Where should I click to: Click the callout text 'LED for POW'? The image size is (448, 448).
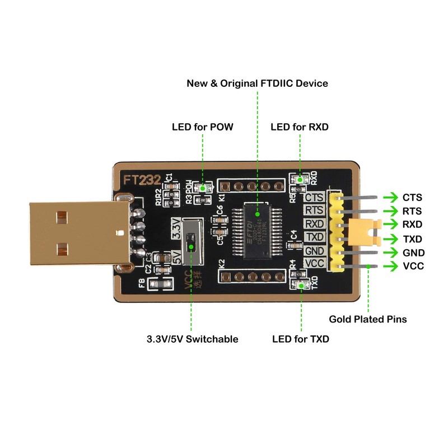pos(202,128)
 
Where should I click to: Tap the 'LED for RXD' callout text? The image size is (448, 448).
pos(300,128)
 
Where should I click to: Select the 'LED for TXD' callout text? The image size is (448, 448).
pos(301,339)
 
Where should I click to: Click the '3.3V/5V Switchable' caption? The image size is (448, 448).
pos(192,339)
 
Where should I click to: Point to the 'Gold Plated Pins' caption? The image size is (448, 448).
pos(367,319)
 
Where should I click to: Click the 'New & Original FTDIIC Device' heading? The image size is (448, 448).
pos(257,83)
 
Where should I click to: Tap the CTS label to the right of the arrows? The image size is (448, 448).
pos(413,198)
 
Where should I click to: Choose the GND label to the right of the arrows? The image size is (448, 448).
pos(413,253)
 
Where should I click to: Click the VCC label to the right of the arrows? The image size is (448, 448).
pos(413,266)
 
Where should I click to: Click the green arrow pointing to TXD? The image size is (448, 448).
pos(390,239)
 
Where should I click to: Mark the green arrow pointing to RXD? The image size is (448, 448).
pos(390,225)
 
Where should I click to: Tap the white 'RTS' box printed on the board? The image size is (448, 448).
pos(314,211)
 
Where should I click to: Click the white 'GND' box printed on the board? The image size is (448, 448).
pos(314,251)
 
